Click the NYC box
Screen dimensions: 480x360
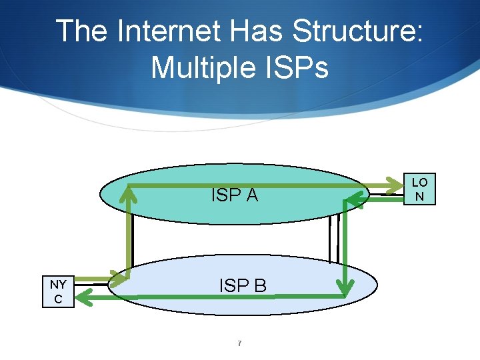58,291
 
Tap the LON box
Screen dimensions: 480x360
419,189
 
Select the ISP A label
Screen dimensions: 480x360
234,195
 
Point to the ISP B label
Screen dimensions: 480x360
243,285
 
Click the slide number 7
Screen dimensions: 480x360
239,343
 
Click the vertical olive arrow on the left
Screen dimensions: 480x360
128,233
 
